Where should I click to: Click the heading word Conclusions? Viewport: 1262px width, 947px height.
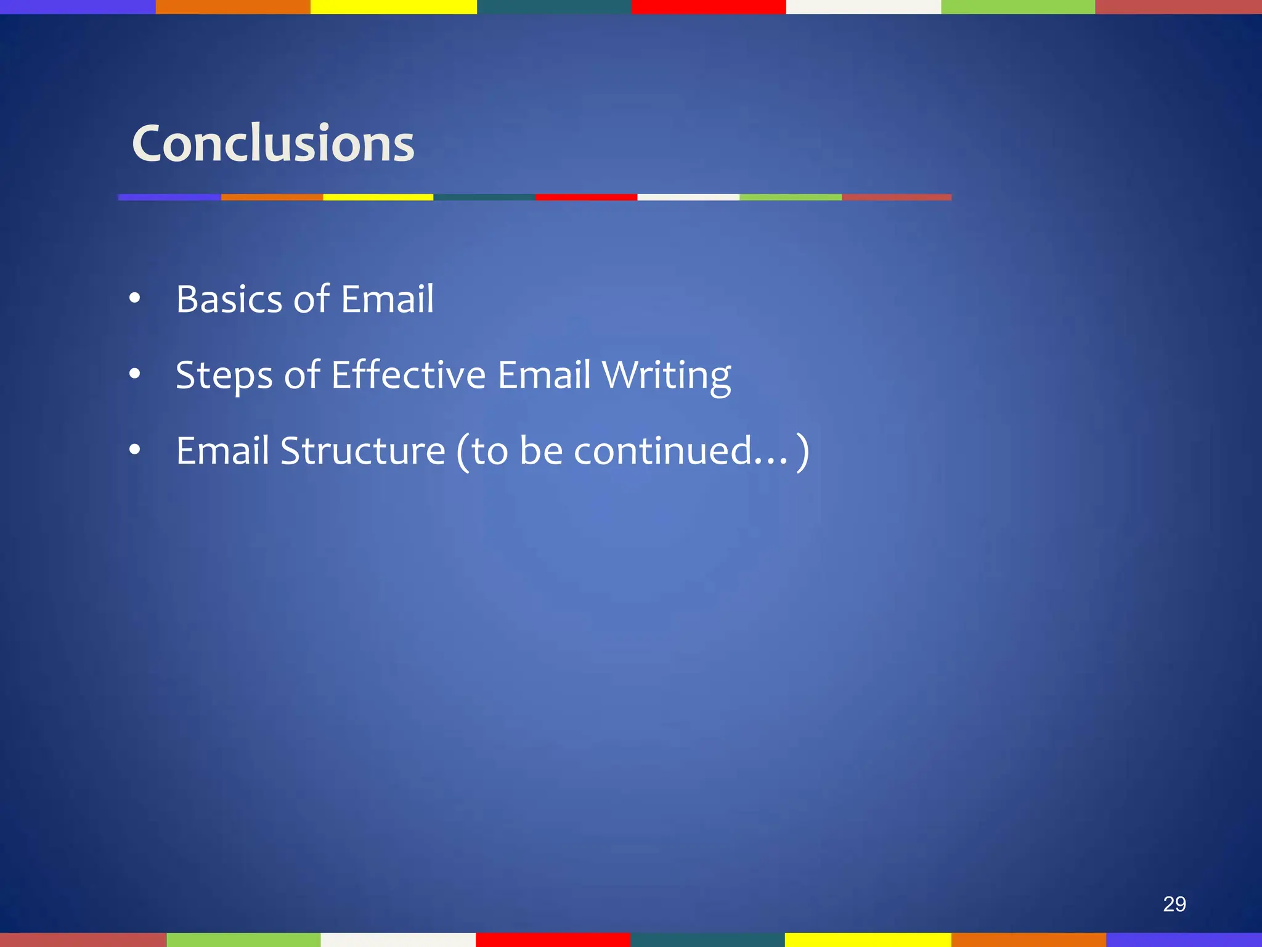pyautogui.click(x=273, y=144)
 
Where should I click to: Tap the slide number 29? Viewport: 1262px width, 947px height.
pyautogui.click(x=1174, y=904)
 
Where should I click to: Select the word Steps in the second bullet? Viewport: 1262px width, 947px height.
pyautogui.click(x=224, y=375)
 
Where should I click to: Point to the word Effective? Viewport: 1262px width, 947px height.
pyautogui.click(x=408, y=375)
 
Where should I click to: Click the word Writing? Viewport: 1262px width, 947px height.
pyautogui.click(x=666, y=375)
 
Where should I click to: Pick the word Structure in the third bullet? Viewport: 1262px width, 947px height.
pyautogui.click(x=363, y=451)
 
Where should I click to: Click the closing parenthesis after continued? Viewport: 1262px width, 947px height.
pyautogui.click(x=802, y=453)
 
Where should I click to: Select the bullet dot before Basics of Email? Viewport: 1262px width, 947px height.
pyautogui.click(x=135, y=299)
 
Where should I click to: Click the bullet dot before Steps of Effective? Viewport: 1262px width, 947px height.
pyautogui.click(x=135, y=374)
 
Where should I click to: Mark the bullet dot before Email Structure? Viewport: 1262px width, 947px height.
pyautogui.click(x=135, y=450)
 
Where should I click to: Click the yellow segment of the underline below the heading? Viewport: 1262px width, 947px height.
pyautogui.click(x=378, y=197)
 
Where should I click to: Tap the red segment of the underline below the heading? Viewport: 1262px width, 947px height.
pyautogui.click(x=585, y=197)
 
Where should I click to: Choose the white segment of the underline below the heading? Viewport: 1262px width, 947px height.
pyautogui.click(x=688, y=197)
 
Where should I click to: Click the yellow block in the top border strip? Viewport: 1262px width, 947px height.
pyautogui.click(x=393, y=7)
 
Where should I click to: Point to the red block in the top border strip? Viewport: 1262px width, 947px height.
pyautogui.click(x=708, y=7)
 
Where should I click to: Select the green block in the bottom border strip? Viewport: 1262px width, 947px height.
pyautogui.click(x=243, y=940)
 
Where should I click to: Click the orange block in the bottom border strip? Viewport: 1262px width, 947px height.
pyautogui.click(x=1028, y=940)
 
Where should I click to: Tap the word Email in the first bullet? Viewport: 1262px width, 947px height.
pyautogui.click(x=387, y=300)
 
